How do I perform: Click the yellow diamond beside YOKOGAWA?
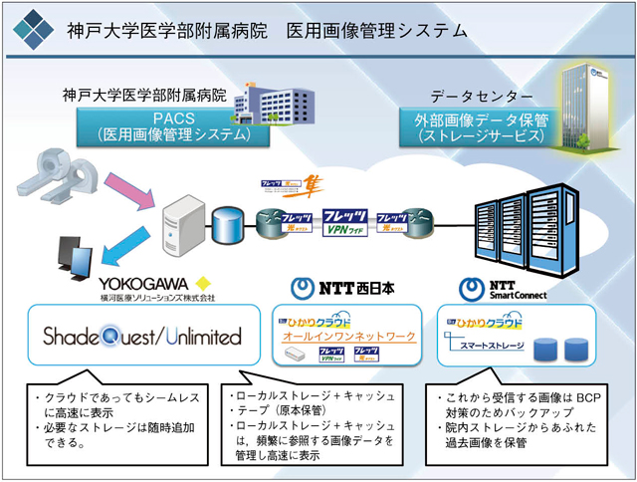point(205,283)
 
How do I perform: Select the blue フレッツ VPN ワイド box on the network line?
point(346,220)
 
